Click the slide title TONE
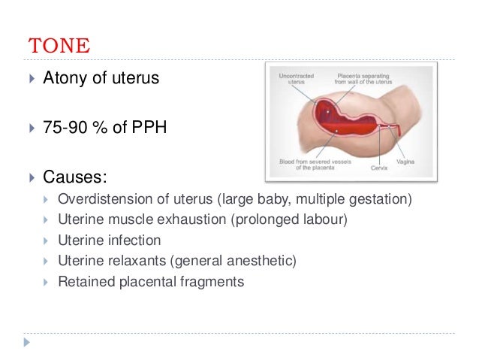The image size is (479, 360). [59, 44]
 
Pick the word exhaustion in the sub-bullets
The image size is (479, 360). [185, 221]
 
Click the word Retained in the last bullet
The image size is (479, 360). [83, 282]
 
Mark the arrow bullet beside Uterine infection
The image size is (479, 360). [46, 242]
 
